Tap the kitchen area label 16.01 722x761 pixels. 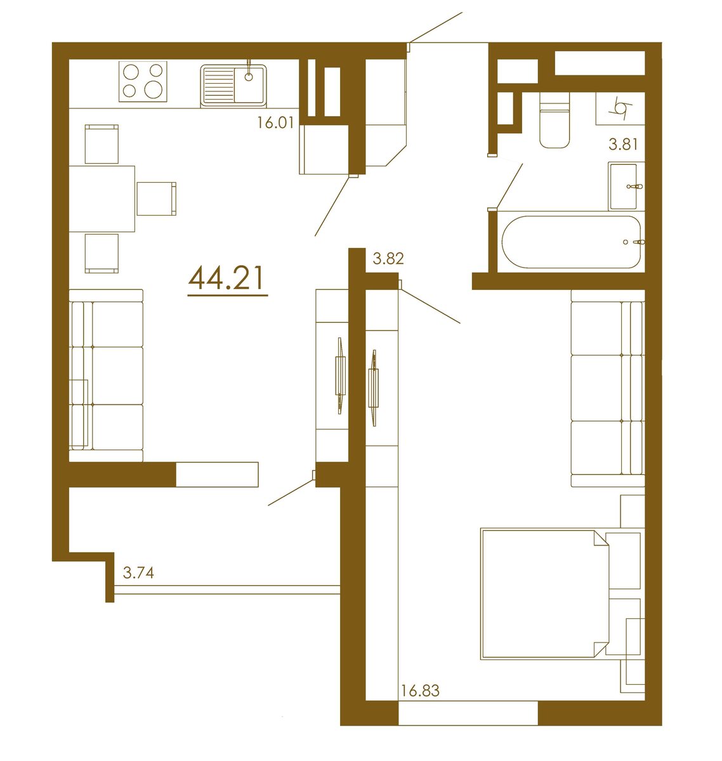275,122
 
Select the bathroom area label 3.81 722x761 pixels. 622,144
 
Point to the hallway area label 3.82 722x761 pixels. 388,258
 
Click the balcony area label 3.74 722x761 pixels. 138,573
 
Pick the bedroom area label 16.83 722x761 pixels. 420,691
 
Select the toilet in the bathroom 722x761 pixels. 554,124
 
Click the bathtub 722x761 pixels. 571,242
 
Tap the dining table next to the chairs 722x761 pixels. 102,198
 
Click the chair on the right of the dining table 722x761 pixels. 156,198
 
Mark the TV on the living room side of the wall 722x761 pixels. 340,375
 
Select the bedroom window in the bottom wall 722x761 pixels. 468,713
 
